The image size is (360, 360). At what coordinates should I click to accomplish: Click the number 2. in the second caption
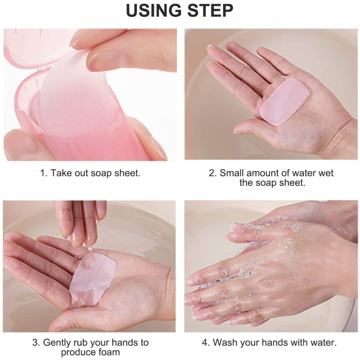click(x=212, y=173)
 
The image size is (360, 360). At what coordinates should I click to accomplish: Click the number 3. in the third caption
click(x=36, y=343)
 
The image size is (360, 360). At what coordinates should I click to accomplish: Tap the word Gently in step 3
click(x=58, y=343)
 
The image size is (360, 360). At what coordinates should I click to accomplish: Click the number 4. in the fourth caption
click(x=206, y=343)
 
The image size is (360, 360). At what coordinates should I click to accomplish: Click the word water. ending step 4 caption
click(x=322, y=343)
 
